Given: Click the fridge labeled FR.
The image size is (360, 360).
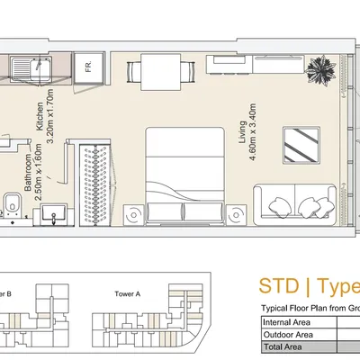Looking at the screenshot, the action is coord(89,68).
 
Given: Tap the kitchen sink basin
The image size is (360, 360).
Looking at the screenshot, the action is coord(40,68).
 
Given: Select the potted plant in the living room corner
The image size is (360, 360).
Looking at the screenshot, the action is coord(320,70).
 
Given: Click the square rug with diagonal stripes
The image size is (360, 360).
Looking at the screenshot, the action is coord(301,145).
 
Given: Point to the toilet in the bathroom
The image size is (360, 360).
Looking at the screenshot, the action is coord(13,205).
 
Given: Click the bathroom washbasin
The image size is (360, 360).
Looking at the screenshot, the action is coord(54,213).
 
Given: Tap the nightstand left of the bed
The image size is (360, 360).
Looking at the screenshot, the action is coord(134,215).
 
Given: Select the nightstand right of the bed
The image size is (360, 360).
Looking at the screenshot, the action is coord(236,215).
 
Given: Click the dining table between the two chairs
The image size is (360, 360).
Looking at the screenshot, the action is coord(161,72).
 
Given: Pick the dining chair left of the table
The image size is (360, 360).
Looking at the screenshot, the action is coord(134,72).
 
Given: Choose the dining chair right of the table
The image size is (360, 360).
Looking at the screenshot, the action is coord(188,72).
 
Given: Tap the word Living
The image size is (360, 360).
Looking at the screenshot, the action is coord(242,132).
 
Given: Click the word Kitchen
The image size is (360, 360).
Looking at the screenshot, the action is coord(40,117).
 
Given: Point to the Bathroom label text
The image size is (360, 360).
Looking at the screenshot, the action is coord(28,173).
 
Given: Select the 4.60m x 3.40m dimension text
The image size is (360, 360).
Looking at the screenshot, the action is coord(252,132).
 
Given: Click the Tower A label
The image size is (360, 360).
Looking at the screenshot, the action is coord(127,294).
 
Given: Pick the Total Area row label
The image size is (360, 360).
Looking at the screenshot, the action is coord(283,347).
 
